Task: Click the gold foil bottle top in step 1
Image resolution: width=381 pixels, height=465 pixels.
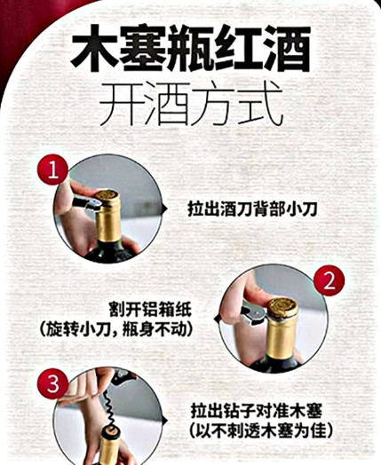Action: pyautogui.click(x=110, y=201)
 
